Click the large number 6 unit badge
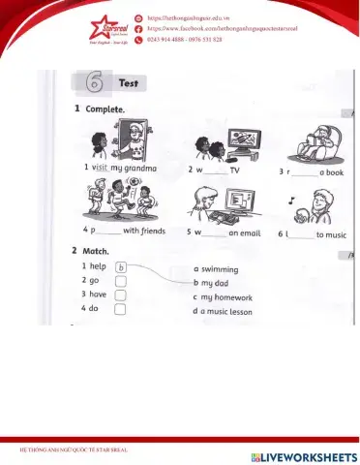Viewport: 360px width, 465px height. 96,84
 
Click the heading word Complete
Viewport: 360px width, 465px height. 105,109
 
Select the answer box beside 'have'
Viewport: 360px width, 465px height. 122,296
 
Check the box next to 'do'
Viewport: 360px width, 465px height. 122,311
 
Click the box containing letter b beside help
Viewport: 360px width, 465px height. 122,268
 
